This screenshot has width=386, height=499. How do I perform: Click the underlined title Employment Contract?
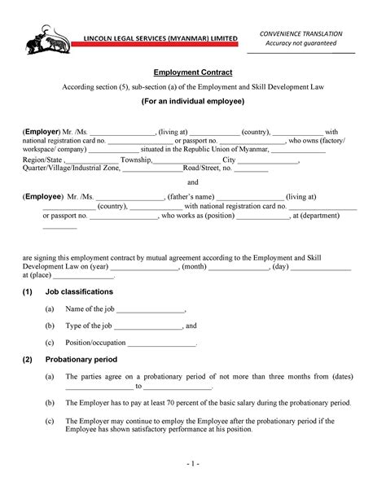coord(193,72)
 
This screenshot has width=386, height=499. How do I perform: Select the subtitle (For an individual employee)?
coord(193,103)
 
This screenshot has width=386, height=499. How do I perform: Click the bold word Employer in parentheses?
coord(42,131)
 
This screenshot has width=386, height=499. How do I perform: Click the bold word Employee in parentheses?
coord(43,197)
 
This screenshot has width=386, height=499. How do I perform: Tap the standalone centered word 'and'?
coord(193,182)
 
